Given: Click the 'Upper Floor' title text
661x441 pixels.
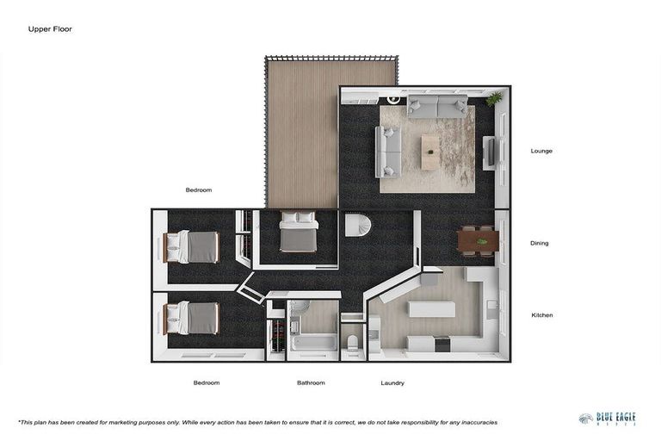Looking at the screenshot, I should click(x=50, y=29).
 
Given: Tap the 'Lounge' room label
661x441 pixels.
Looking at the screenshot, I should click(x=541, y=151).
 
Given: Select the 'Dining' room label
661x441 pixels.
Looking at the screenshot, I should click(x=540, y=243).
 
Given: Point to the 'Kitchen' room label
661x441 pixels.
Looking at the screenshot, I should click(x=541, y=315).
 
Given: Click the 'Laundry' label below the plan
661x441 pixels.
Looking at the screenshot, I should click(x=392, y=382).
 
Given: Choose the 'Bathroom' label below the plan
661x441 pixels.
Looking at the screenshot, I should click(x=311, y=382).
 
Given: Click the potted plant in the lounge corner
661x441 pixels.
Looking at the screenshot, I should click(x=493, y=101).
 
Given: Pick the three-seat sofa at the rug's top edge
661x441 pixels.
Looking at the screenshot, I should click(x=437, y=107).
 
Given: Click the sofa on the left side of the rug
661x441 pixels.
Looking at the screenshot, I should click(x=388, y=151).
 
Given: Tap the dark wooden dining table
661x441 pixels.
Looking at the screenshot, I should click(x=478, y=241).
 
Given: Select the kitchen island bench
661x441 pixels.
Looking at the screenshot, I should click(x=431, y=308).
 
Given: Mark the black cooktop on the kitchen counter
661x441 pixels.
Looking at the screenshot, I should click(x=442, y=344).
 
